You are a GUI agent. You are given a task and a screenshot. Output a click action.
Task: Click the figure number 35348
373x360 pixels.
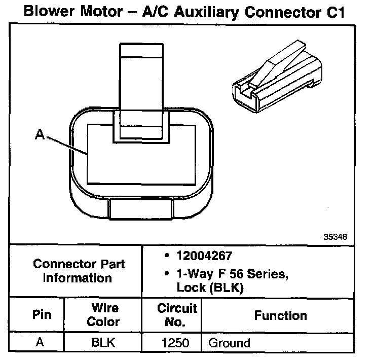335,236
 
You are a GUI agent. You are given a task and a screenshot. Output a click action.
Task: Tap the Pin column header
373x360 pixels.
42,315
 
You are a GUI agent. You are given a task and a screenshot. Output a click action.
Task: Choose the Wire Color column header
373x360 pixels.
103,315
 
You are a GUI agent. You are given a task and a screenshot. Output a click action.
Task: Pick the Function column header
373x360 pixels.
280,315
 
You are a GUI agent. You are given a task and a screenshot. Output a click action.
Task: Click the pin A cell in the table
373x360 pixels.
40,342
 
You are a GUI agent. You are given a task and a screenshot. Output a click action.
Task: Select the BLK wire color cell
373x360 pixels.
103,342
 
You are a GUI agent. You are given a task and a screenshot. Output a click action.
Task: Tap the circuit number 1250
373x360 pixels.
175,343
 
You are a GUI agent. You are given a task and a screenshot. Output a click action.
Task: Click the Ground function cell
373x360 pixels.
229,343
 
